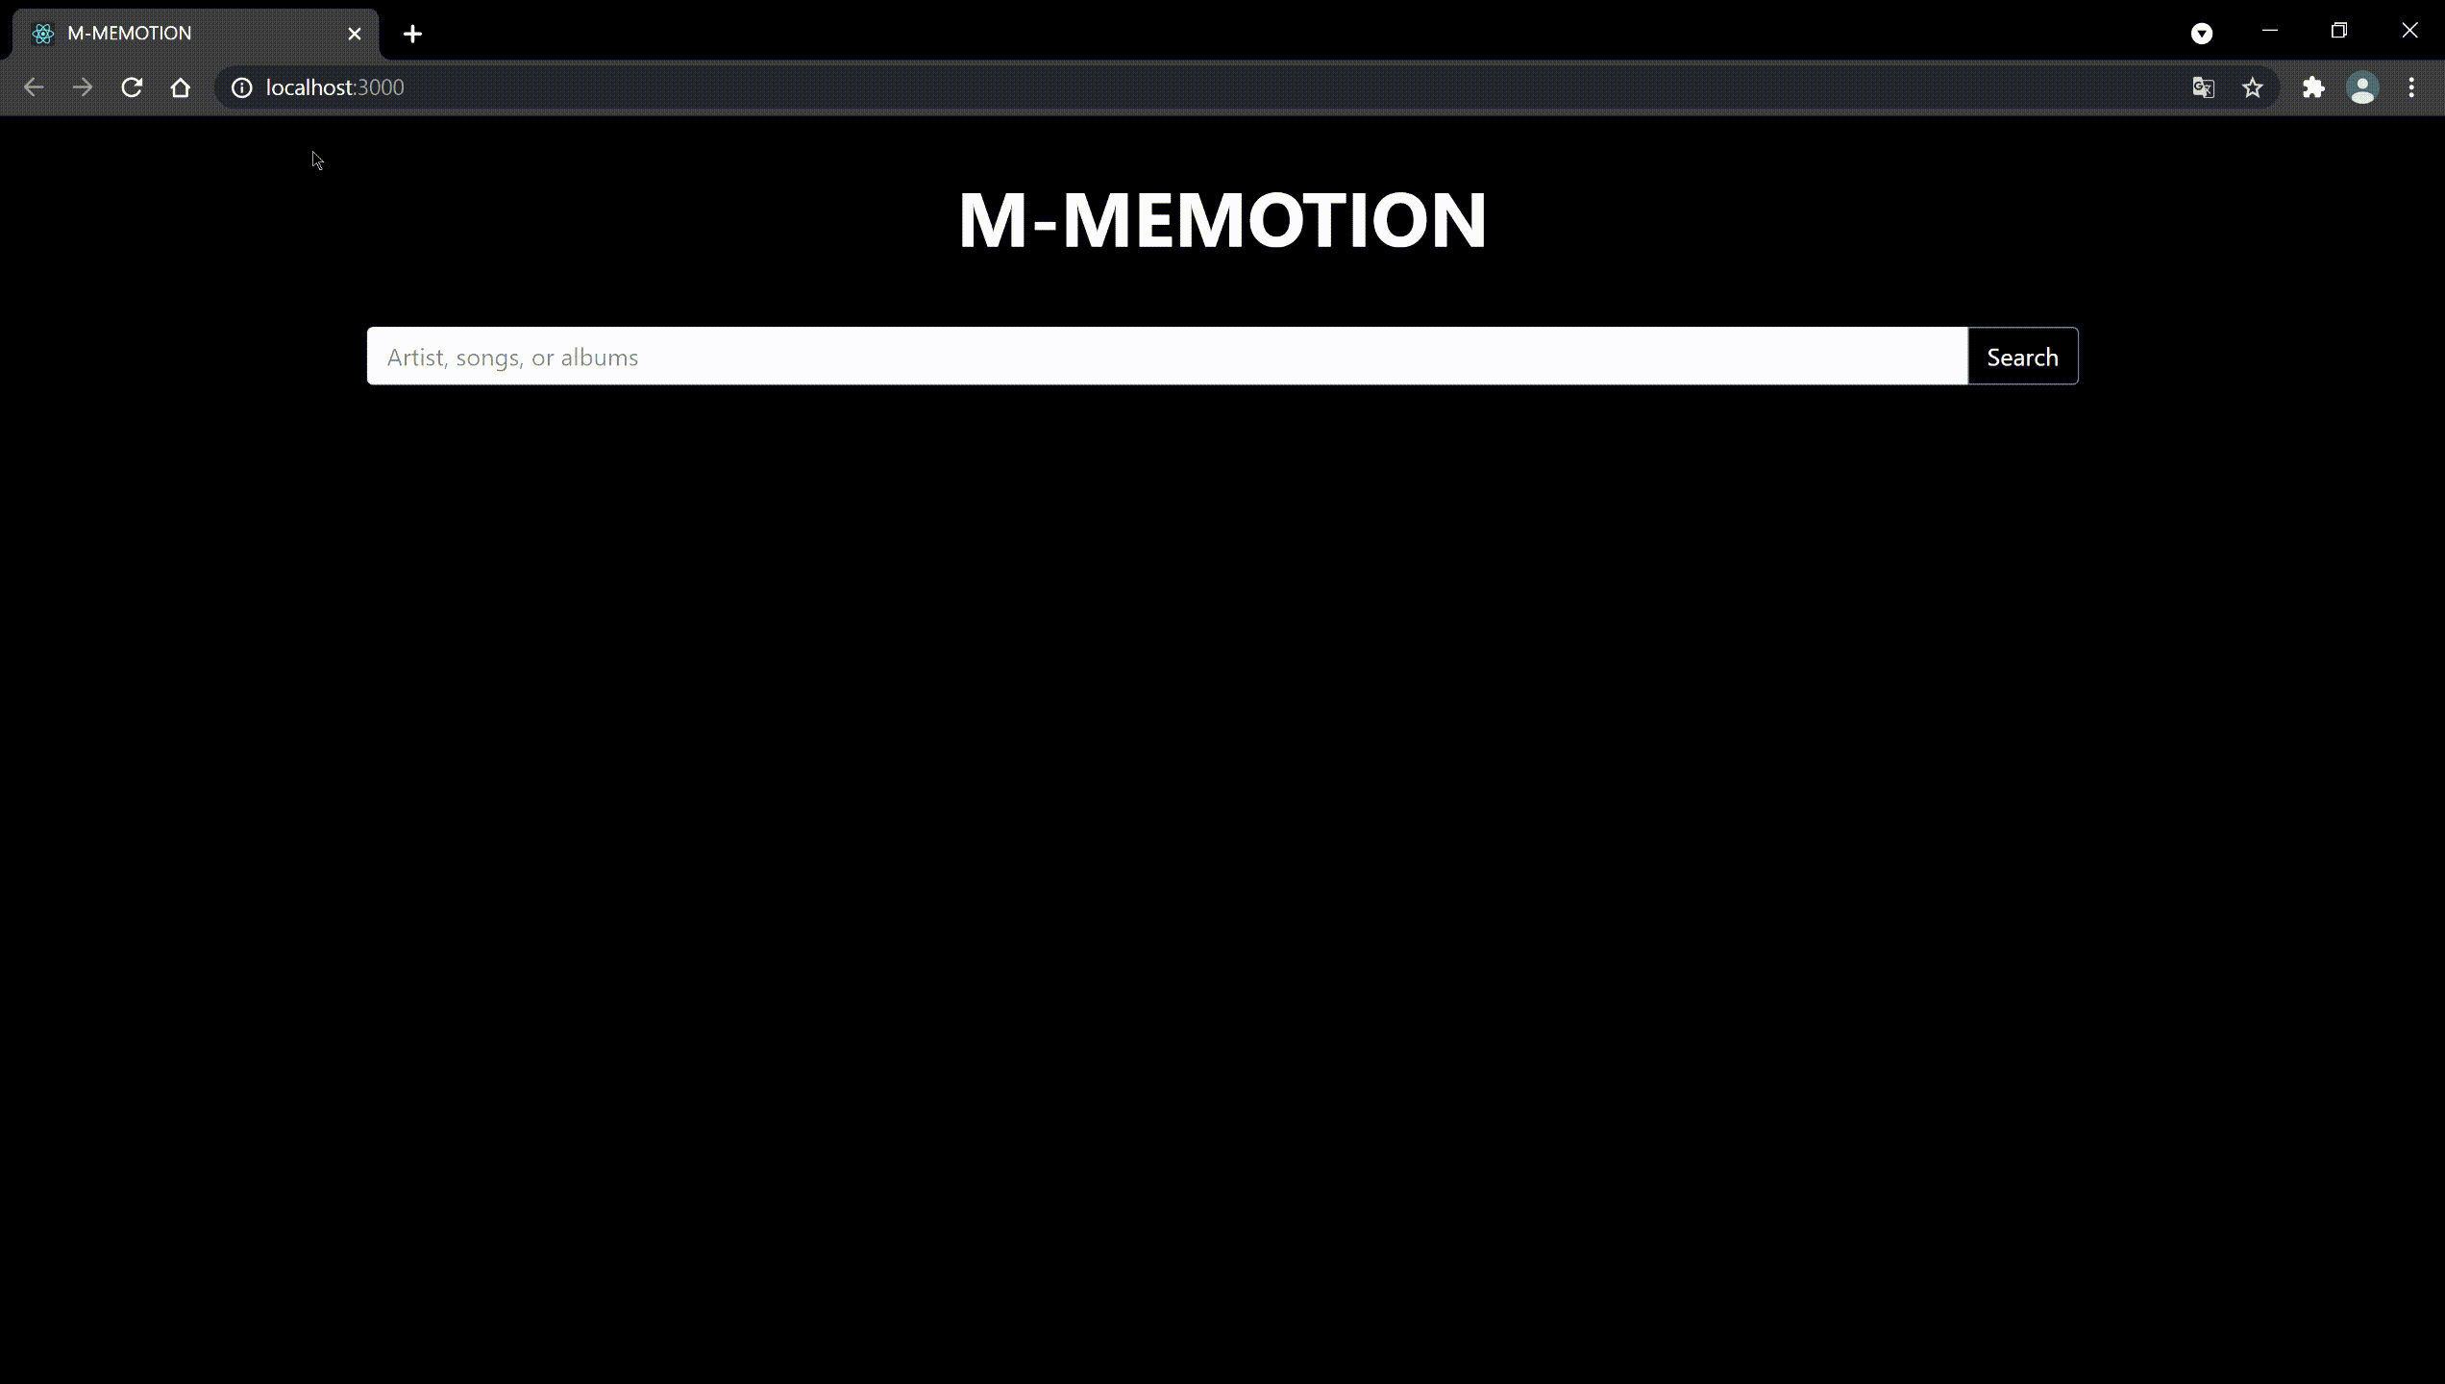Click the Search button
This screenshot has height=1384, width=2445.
click(2022, 357)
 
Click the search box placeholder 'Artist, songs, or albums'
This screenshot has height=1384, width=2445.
click(512, 358)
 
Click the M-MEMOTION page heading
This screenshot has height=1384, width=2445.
click(1222, 220)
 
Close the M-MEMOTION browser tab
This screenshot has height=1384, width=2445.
click(355, 34)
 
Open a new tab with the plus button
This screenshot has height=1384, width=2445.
click(412, 34)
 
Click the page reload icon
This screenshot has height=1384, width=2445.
click(132, 87)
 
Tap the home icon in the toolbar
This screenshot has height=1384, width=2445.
click(181, 87)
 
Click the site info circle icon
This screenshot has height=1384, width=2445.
click(242, 87)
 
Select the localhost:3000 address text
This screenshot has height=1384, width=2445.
click(334, 87)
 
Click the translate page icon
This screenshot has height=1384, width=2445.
click(2203, 87)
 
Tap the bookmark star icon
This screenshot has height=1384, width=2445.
click(2253, 87)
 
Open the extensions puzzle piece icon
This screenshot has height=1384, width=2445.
click(2313, 87)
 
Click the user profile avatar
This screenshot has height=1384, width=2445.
click(2362, 87)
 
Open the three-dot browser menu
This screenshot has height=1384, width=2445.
click(2411, 87)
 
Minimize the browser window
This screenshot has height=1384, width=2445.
click(2270, 31)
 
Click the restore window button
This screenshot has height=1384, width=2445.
click(2339, 31)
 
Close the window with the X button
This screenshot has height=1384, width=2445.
click(2409, 31)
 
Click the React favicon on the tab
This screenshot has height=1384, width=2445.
click(43, 34)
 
